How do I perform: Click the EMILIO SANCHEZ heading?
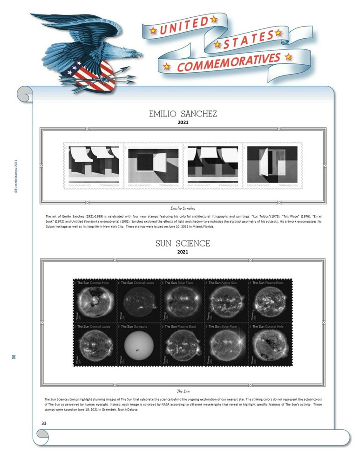coord(183,114)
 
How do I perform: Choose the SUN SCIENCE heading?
coord(183,243)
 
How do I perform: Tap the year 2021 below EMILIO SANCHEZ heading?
coord(183,123)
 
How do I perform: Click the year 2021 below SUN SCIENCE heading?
coord(183,252)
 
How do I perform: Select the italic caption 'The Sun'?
coord(183,391)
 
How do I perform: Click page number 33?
coord(44,423)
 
